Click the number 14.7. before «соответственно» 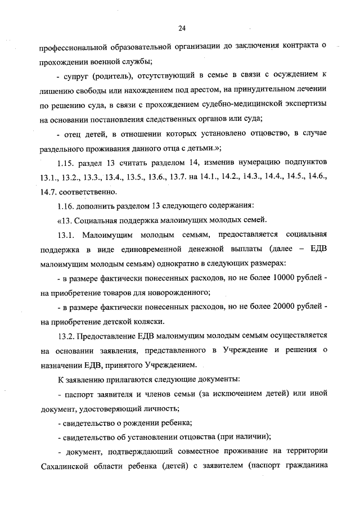point(50,192)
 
